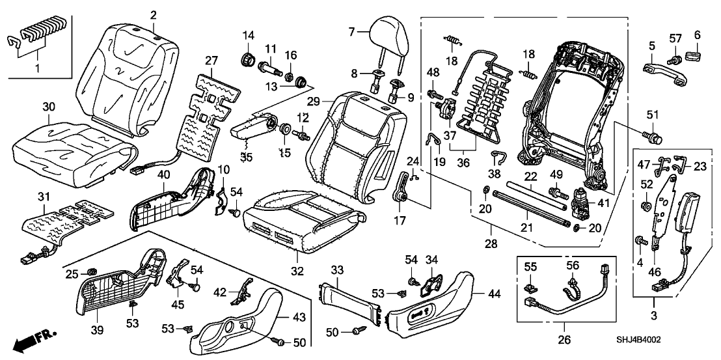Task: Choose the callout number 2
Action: (x=154, y=14)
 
